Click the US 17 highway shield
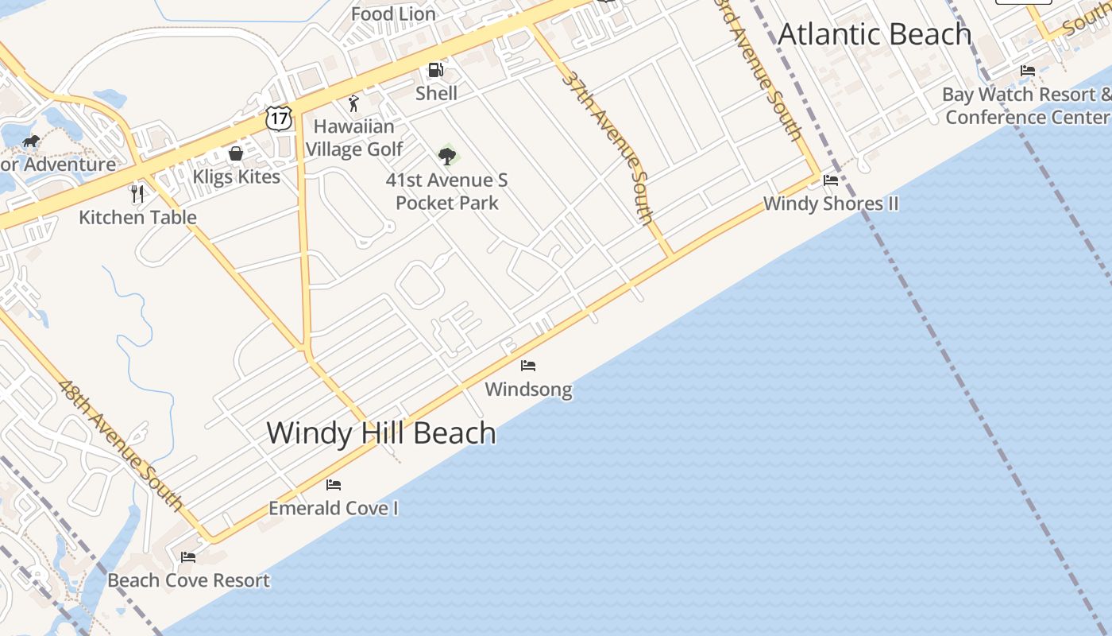point(280,118)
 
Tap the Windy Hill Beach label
point(381,433)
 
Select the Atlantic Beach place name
point(875,34)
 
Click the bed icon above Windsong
point(528,366)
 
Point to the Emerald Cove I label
point(334,508)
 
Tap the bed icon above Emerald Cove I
point(334,484)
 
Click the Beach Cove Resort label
point(189,580)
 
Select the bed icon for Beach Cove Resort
point(188,556)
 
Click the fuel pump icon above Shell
point(436,70)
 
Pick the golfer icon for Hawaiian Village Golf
point(353,103)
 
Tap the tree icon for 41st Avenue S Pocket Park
point(447,156)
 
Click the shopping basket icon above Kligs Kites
point(236,153)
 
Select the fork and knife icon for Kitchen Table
point(137,193)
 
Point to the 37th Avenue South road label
point(608,146)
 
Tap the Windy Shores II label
point(831,204)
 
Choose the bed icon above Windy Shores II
point(831,180)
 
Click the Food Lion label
point(393,14)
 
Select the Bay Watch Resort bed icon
point(1028,71)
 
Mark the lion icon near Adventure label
point(31,142)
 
